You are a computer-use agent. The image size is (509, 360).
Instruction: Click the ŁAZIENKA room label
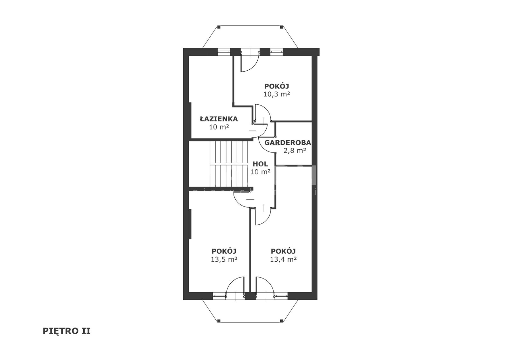219,119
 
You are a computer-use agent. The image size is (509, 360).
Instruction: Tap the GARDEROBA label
288,143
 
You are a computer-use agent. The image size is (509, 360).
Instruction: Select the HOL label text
261,164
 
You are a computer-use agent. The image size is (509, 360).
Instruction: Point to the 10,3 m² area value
276,94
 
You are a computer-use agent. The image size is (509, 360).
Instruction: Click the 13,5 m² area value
224,259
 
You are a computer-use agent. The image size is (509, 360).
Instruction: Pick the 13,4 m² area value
283,259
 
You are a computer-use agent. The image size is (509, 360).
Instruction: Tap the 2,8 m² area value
295,150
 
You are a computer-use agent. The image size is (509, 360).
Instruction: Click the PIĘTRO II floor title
66,331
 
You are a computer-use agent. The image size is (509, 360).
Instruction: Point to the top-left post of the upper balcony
219,27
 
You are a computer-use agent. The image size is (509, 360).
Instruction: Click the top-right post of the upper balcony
282,27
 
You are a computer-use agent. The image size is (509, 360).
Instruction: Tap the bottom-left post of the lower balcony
219,321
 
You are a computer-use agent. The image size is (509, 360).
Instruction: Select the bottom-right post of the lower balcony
282,321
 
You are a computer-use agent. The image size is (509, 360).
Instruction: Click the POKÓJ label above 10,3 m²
276,86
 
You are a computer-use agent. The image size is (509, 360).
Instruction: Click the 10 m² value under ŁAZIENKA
219,127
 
